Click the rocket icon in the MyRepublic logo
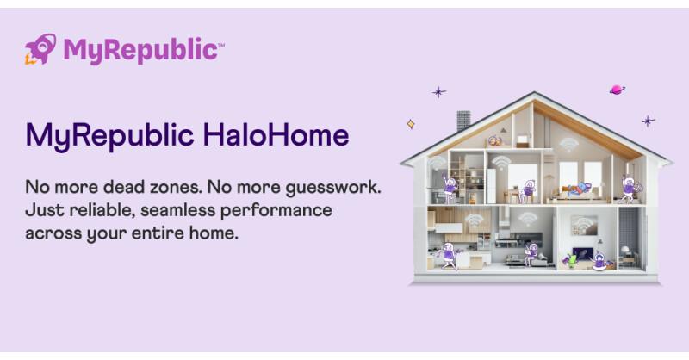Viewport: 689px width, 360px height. coord(40,49)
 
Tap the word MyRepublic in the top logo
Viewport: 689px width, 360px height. coord(140,50)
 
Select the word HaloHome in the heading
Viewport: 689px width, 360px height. coord(276,134)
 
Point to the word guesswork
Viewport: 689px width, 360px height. coord(333,188)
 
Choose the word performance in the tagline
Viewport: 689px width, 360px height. coord(276,211)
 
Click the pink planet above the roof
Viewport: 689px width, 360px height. coord(618,90)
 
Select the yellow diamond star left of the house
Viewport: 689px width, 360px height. coord(411,124)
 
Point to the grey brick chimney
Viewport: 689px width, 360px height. coord(463,121)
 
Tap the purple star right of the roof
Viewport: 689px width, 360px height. coord(649,121)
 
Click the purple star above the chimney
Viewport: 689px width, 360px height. coord(438,92)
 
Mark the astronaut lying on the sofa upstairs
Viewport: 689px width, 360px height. coord(578,189)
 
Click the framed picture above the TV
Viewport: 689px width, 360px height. coord(585,225)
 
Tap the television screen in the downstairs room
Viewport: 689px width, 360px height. coord(583,254)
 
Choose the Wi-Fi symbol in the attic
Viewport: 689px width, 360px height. coord(568,144)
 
